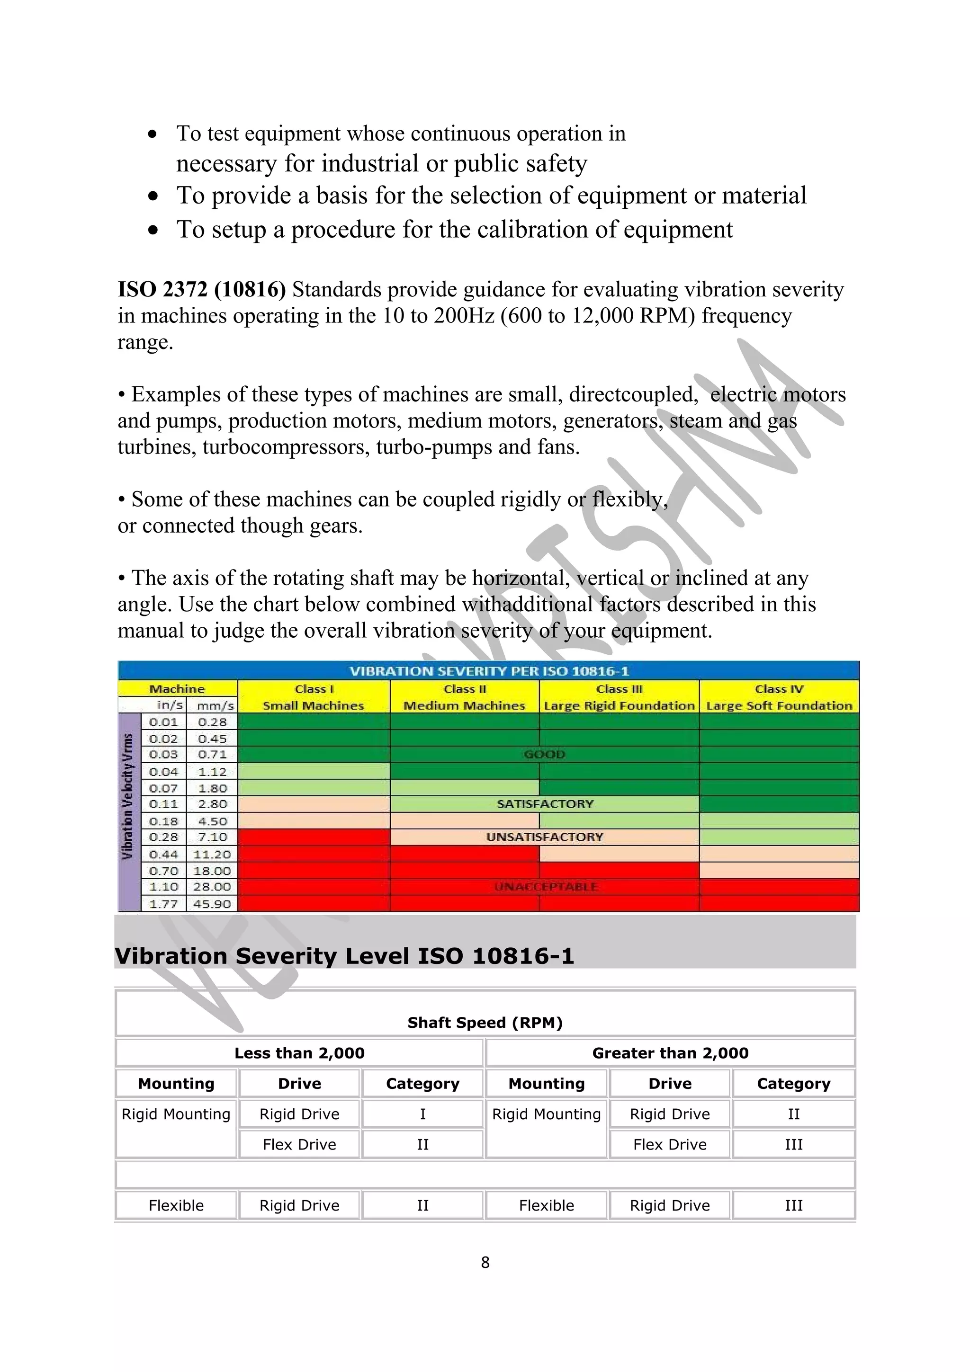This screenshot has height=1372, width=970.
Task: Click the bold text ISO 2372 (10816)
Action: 201,290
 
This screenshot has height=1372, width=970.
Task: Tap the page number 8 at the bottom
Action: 485,1262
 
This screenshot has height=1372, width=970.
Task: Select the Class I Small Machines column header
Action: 314,697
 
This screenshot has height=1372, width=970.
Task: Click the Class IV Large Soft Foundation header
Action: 779,697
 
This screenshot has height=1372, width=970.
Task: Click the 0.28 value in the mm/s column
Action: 212,722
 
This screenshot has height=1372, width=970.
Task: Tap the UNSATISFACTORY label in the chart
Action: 545,837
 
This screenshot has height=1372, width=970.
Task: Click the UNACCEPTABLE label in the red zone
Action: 546,887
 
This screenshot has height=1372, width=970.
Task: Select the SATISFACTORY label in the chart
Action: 545,804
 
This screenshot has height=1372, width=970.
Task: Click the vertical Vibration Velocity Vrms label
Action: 128,796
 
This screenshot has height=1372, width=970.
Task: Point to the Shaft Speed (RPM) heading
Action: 485,1023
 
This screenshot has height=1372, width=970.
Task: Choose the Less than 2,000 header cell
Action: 299,1053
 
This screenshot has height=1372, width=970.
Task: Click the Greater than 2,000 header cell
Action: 670,1053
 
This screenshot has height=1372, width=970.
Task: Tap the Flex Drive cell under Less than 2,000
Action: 299,1144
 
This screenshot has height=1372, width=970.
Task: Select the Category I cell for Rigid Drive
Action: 422,1114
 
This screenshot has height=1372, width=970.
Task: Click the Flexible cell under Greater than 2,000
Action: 546,1205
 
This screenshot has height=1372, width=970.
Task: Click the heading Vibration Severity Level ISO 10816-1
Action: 344,956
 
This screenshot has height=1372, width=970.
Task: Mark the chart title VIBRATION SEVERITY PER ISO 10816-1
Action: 489,671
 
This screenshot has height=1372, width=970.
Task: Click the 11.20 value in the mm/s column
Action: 212,854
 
